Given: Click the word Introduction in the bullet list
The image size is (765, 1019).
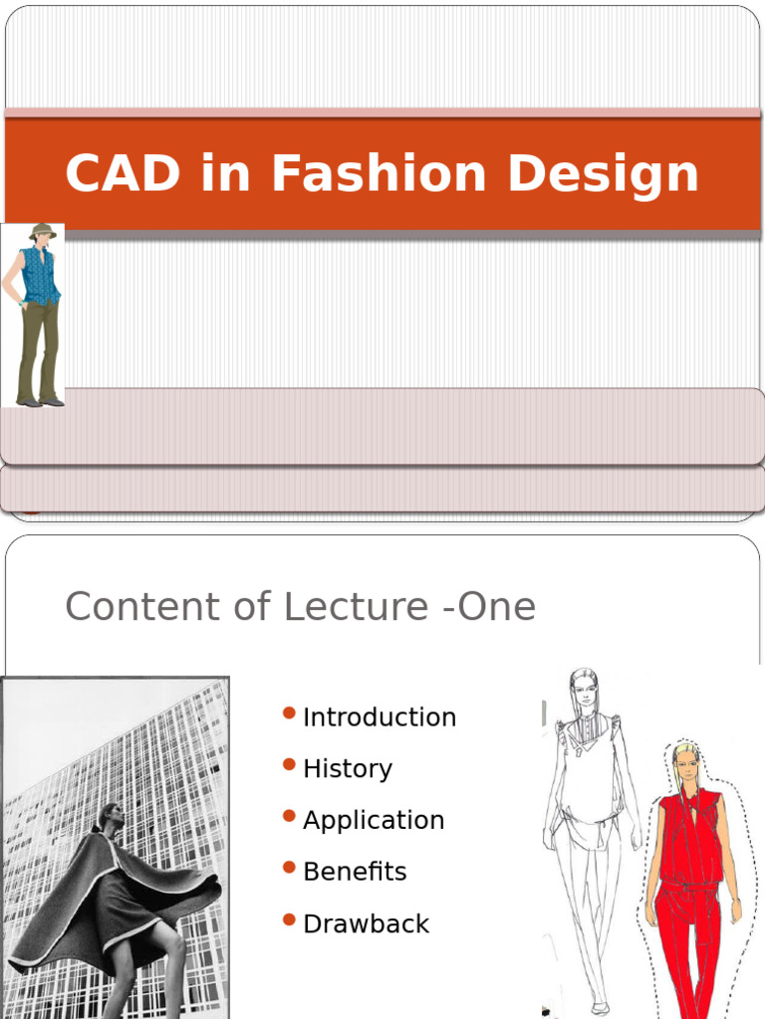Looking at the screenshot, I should click(x=380, y=716).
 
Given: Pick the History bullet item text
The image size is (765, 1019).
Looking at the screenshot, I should click(x=348, y=768).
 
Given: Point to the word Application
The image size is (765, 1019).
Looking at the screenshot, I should click(x=374, y=820).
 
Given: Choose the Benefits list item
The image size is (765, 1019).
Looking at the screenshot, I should click(x=355, y=872).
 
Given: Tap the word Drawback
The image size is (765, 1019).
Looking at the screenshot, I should click(x=366, y=923).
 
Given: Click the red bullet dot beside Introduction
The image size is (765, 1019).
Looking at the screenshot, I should click(x=289, y=713).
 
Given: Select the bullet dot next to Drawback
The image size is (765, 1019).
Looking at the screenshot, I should click(x=289, y=919).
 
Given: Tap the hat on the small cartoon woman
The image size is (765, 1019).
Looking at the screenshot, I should click(x=41, y=230).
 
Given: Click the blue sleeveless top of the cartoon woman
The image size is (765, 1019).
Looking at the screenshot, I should click(x=41, y=274).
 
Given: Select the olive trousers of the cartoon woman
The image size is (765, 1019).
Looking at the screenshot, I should click(x=39, y=348).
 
